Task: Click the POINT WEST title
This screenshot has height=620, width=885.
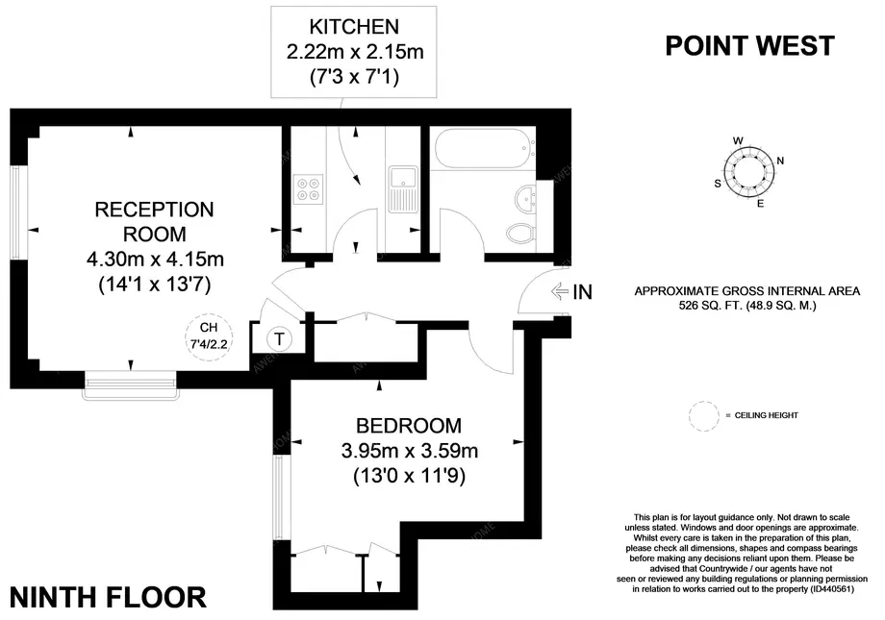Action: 749,46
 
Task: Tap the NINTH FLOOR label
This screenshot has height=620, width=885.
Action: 108,598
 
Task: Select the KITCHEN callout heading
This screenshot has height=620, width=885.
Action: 354,27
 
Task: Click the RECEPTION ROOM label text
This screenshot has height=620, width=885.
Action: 154,222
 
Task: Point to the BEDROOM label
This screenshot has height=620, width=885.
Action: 409,426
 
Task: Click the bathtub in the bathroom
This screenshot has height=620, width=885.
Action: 484,148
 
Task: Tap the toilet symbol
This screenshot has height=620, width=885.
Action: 520,233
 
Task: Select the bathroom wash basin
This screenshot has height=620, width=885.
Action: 525,198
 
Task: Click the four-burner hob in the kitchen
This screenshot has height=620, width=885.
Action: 308,189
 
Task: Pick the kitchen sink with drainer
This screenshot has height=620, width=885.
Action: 403,189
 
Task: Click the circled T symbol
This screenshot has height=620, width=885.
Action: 279,339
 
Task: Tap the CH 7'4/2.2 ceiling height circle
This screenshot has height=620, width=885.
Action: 209,336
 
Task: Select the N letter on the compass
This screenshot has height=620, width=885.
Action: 780,161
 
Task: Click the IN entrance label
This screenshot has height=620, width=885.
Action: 583,292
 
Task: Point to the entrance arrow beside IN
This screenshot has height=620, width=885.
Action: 560,291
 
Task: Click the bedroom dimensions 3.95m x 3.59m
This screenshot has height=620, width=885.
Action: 410,451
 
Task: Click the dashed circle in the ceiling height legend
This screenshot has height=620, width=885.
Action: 704,416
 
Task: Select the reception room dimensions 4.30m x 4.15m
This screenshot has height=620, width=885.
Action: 155,259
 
